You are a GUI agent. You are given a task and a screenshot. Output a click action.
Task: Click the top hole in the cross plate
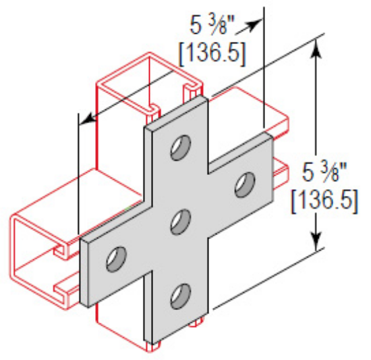pos(180,147)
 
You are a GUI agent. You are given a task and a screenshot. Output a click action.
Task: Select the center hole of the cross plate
pos(180,221)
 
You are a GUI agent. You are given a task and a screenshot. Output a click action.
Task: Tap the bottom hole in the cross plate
pos(180,294)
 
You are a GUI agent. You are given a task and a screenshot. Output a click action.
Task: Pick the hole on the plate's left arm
pos(117,257)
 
